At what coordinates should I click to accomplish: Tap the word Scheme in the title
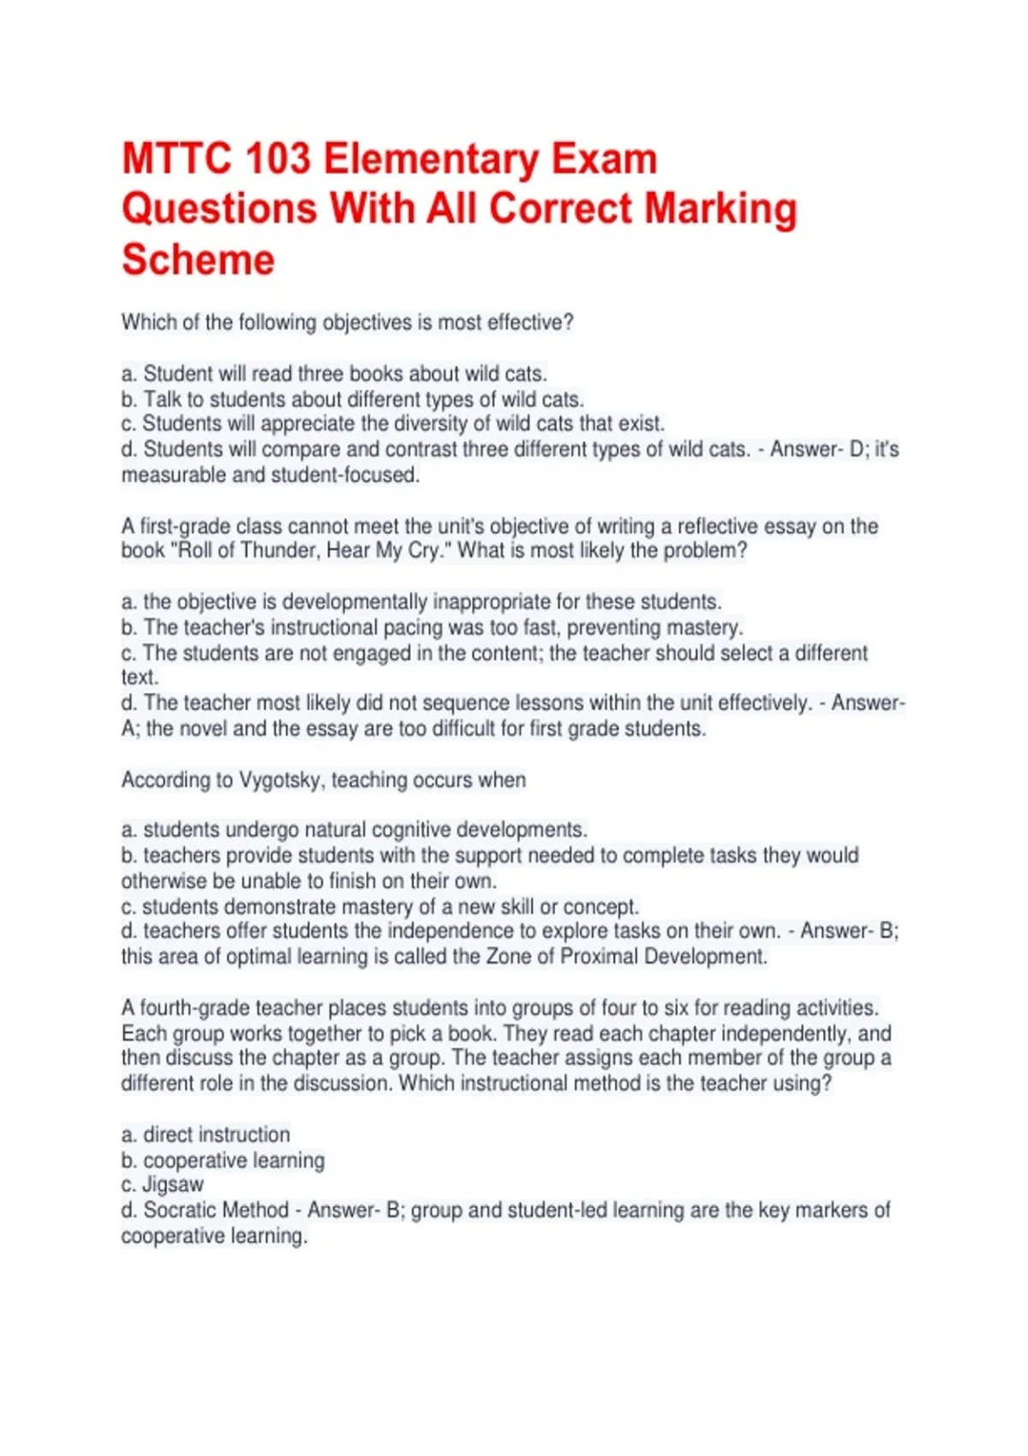198,260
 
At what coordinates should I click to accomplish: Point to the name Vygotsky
281,780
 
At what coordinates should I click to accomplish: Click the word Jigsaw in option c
173,1184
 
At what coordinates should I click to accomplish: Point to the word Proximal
599,957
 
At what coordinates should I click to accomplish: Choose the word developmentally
355,601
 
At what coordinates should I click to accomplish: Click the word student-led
559,1210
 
